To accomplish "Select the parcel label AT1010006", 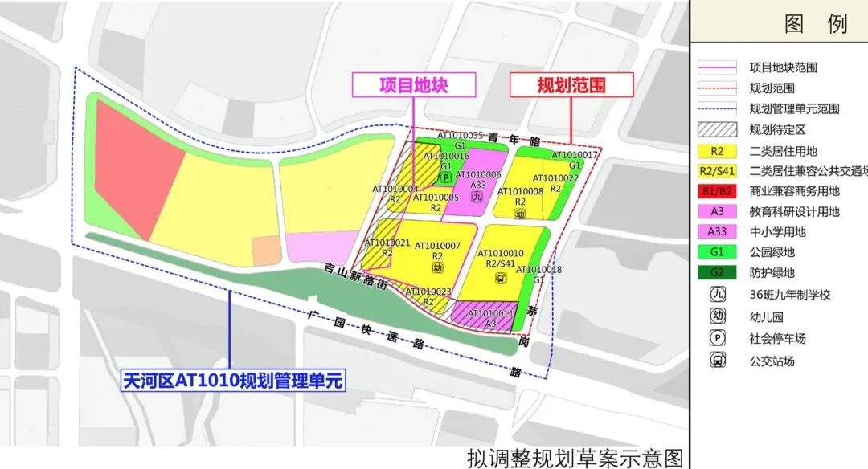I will click(478, 174).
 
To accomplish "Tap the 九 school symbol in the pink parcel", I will click(477, 196).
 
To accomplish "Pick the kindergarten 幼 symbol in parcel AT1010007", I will click(437, 267).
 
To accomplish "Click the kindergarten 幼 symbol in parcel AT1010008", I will click(520, 214).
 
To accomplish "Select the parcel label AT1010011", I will click(490, 313).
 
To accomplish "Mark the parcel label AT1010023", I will click(428, 292).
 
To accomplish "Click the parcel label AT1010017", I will click(575, 155).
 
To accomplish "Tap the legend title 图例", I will click(815, 23).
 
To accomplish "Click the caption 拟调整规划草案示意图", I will click(575, 458).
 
